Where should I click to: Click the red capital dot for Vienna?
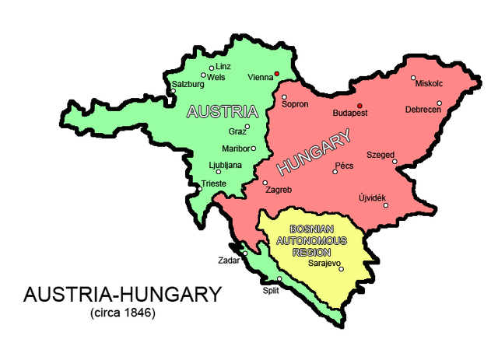pos(276,75)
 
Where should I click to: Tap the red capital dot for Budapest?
pos(359,105)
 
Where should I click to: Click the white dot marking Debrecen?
pos(440,103)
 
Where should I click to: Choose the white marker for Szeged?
pos(395,162)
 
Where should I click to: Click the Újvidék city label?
pos(372,198)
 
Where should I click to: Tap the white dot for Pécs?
pos(335,172)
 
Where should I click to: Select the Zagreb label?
pos(279,190)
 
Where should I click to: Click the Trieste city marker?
pos(199,189)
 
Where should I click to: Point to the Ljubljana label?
pos(226,165)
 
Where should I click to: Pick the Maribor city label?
pos(233,148)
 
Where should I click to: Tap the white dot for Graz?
pos(247,127)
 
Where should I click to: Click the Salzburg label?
pos(188,84)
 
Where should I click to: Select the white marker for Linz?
pos(211,68)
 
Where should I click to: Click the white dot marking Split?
pos(279,278)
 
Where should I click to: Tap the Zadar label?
pos(229,261)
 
